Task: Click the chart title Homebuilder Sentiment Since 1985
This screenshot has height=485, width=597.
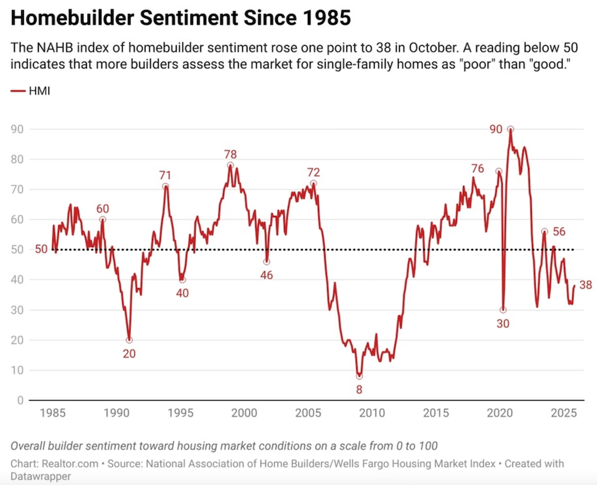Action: pos(180,18)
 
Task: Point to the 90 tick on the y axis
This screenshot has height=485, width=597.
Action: pos(18,129)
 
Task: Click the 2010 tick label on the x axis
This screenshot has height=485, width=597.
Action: pos(371,413)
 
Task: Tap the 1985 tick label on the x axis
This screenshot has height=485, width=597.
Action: pos(51,413)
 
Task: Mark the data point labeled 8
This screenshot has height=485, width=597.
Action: pos(360,376)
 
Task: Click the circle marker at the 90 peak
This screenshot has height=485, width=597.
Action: pos(510,129)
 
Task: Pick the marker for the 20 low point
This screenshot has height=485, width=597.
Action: pos(129,340)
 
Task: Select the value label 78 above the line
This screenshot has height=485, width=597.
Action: pos(230,154)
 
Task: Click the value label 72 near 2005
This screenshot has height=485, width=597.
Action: pos(313,172)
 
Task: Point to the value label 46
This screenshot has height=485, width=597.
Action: pos(267,274)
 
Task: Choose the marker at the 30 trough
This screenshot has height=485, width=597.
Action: pos(503,310)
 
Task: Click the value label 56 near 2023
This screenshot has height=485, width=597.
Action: pos(559,232)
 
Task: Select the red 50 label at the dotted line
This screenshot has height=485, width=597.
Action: pos(40,250)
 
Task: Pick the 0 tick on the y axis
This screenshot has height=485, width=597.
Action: pos(22,400)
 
